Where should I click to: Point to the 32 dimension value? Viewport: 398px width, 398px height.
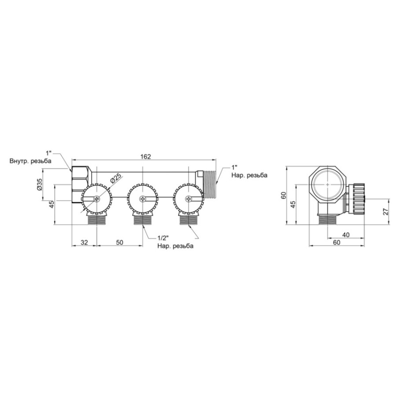tap(84, 242)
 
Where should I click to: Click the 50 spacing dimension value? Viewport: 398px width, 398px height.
tap(119, 242)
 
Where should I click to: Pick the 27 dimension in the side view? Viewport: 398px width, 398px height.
tap(386, 211)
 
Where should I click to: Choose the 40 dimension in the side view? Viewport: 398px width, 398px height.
tap(346, 235)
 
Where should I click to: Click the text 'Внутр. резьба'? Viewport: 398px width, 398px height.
tap(31, 161)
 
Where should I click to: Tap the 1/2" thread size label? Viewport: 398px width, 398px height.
tap(163, 238)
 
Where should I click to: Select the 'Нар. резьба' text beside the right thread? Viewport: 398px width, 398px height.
tap(249, 175)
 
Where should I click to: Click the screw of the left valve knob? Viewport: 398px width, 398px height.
tap(97, 199)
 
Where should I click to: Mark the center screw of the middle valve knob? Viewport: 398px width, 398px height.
tap(142, 199)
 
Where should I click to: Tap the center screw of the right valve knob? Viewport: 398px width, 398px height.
tap(188, 199)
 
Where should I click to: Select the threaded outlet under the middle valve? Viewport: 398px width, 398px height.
tap(142, 219)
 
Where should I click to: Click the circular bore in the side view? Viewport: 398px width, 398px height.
tap(327, 185)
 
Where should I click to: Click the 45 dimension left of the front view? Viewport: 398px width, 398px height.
tap(51, 205)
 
